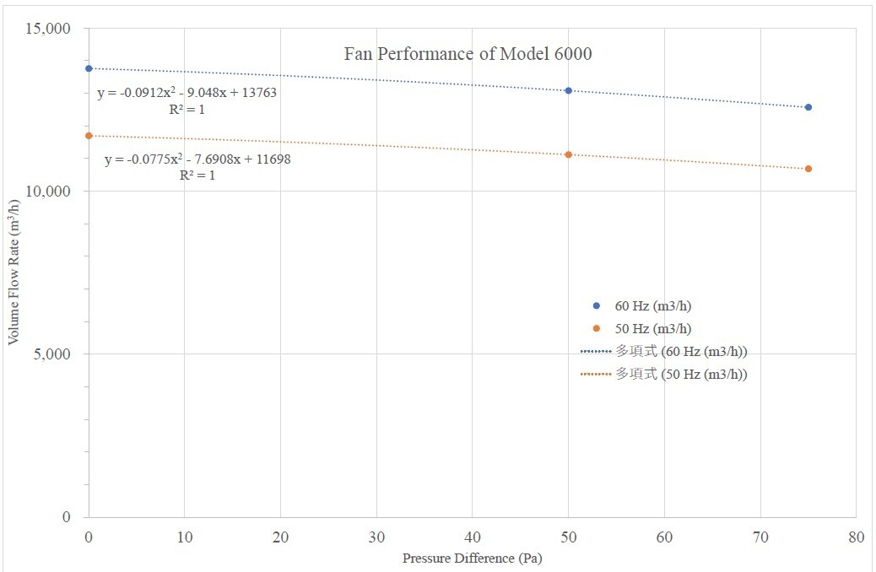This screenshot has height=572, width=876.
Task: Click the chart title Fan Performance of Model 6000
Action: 468,54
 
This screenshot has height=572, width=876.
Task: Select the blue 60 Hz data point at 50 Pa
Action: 569,90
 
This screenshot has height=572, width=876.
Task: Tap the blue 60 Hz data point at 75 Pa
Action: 808,107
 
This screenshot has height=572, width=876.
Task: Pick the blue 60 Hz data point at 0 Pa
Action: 89,68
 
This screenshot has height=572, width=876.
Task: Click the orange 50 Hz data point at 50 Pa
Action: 569,154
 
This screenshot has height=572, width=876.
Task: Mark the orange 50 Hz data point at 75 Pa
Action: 808,169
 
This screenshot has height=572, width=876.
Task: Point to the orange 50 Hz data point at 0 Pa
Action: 89,136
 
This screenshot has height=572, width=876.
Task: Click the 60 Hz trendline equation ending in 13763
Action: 187,94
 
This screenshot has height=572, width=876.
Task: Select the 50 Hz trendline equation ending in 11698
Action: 197,159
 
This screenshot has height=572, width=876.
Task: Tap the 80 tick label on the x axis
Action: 856,537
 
